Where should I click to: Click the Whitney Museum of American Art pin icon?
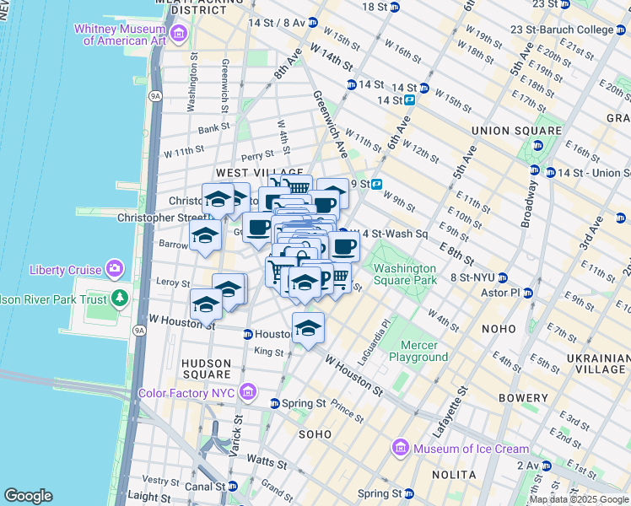pos(178,33)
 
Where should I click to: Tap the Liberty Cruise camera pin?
pos(114,270)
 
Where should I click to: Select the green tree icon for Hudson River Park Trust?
pos(120,298)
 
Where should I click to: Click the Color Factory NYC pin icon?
pos(248,391)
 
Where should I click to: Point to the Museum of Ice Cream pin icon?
pos(401,449)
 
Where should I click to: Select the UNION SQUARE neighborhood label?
pos(516,131)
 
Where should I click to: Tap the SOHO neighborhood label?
pos(317,433)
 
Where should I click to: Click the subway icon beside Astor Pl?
pos(528,293)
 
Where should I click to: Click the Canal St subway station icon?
pos(232,486)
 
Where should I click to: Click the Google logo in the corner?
pos(28,496)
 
